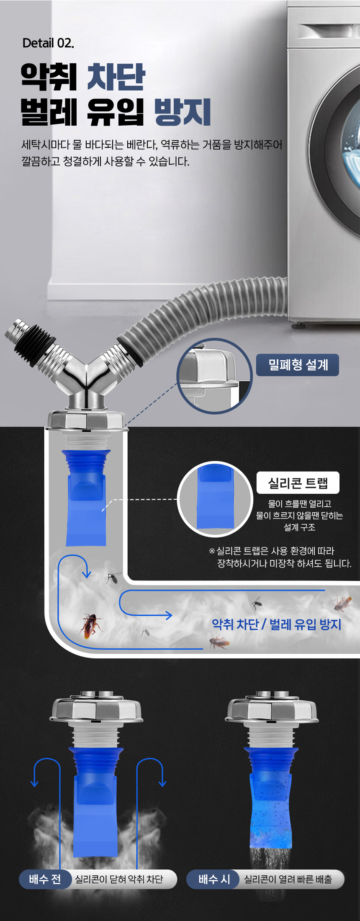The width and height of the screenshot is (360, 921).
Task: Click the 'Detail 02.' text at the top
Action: [x=48, y=43]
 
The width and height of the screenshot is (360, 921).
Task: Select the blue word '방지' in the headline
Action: [x=183, y=112]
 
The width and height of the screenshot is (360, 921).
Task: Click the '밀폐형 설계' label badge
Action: [x=297, y=365]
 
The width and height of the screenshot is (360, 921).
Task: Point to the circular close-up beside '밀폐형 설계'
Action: [x=214, y=376]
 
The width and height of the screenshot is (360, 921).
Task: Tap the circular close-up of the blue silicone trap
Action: [x=215, y=499]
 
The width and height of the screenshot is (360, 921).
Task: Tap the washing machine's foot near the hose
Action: [x=298, y=325]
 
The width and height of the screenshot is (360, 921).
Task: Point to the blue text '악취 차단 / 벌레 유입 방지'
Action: [x=276, y=624]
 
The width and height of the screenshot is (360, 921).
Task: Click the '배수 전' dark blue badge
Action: [x=45, y=879]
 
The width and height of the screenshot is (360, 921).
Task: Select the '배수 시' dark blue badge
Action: [x=214, y=879]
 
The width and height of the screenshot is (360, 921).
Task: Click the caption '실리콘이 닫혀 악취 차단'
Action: [x=119, y=879]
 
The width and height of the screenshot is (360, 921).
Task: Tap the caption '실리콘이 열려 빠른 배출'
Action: [x=288, y=879]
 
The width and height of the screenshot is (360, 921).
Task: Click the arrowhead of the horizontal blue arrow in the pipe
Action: [x=169, y=615]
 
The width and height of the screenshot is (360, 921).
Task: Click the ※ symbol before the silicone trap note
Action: [x=212, y=551]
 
